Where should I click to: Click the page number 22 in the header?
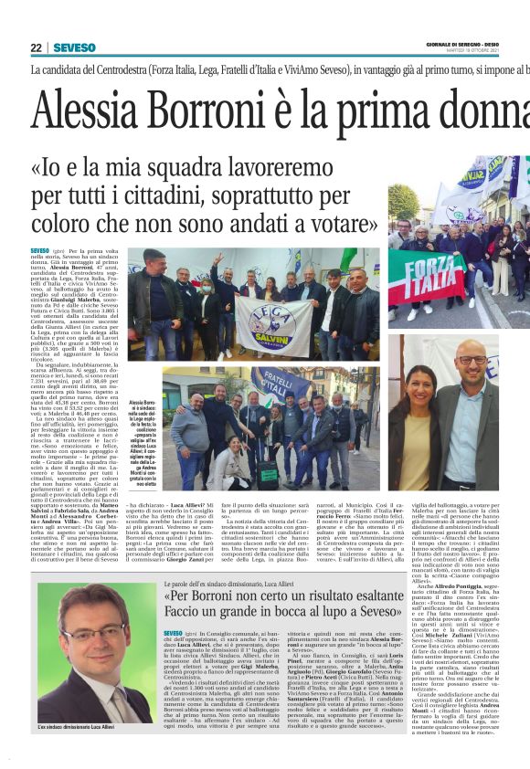click(x=36, y=47)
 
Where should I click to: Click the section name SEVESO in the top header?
click(x=74, y=47)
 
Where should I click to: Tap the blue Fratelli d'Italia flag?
click(x=271, y=384)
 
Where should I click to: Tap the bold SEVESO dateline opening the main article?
click(x=39, y=250)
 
